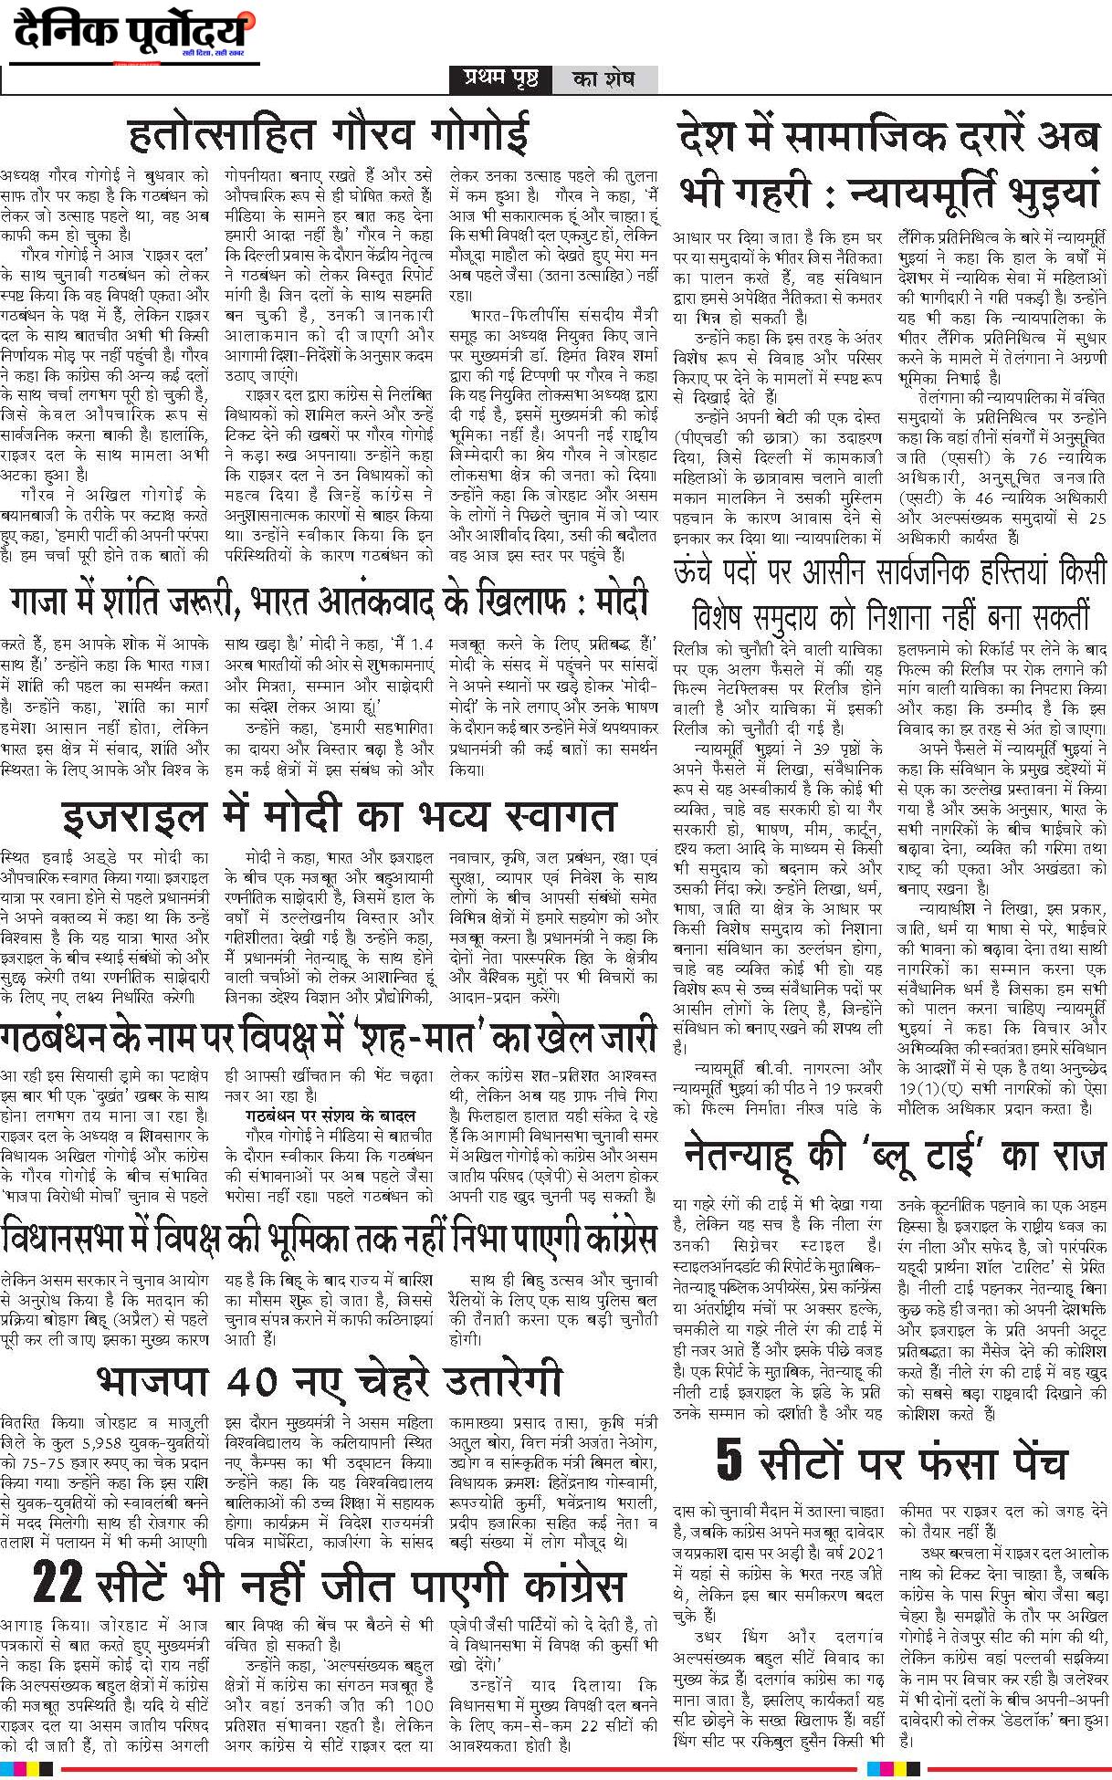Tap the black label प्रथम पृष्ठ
coord(500,79)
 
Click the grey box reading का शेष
coord(603,79)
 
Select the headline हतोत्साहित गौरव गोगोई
coord(329,134)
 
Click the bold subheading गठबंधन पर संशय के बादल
coord(330,1115)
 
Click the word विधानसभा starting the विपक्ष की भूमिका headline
coord(63,1240)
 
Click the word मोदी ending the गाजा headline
coord(621,602)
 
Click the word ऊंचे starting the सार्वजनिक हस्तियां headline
coord(704,573)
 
